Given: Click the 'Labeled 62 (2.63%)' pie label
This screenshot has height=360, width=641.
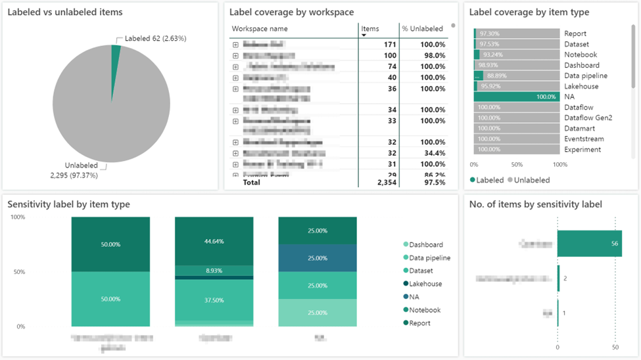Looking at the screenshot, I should click(154, 39).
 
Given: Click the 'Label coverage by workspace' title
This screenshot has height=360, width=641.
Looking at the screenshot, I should click(291, 12).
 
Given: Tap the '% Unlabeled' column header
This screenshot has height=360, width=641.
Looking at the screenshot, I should click(422, 29).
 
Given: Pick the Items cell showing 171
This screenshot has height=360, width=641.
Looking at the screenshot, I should click(389, 45).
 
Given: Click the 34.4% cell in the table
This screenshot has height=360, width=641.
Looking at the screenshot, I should click(433, 153).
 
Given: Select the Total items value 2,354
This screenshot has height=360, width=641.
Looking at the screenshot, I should click(385, 182).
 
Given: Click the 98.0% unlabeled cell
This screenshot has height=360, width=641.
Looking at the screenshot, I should click(433, 56).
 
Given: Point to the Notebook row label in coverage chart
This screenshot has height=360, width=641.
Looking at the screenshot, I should click(581, 55).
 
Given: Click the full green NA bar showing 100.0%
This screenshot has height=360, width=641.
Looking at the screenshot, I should click(516, 97).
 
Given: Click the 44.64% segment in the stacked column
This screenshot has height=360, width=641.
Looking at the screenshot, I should click(214, 241).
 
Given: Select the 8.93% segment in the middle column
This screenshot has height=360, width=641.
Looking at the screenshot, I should click(214, 270).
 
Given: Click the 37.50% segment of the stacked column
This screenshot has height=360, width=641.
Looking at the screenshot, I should click(214, 300).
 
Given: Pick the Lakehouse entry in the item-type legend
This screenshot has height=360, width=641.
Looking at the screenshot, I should click(425, 284).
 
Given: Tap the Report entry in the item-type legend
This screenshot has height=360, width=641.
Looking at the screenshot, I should click(420, 323).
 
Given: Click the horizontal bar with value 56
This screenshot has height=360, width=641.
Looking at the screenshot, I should click(589, 244).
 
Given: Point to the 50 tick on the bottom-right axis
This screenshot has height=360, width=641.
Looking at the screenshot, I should click(615, 348).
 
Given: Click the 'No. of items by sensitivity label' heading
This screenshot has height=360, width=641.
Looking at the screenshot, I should click(536, 204).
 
